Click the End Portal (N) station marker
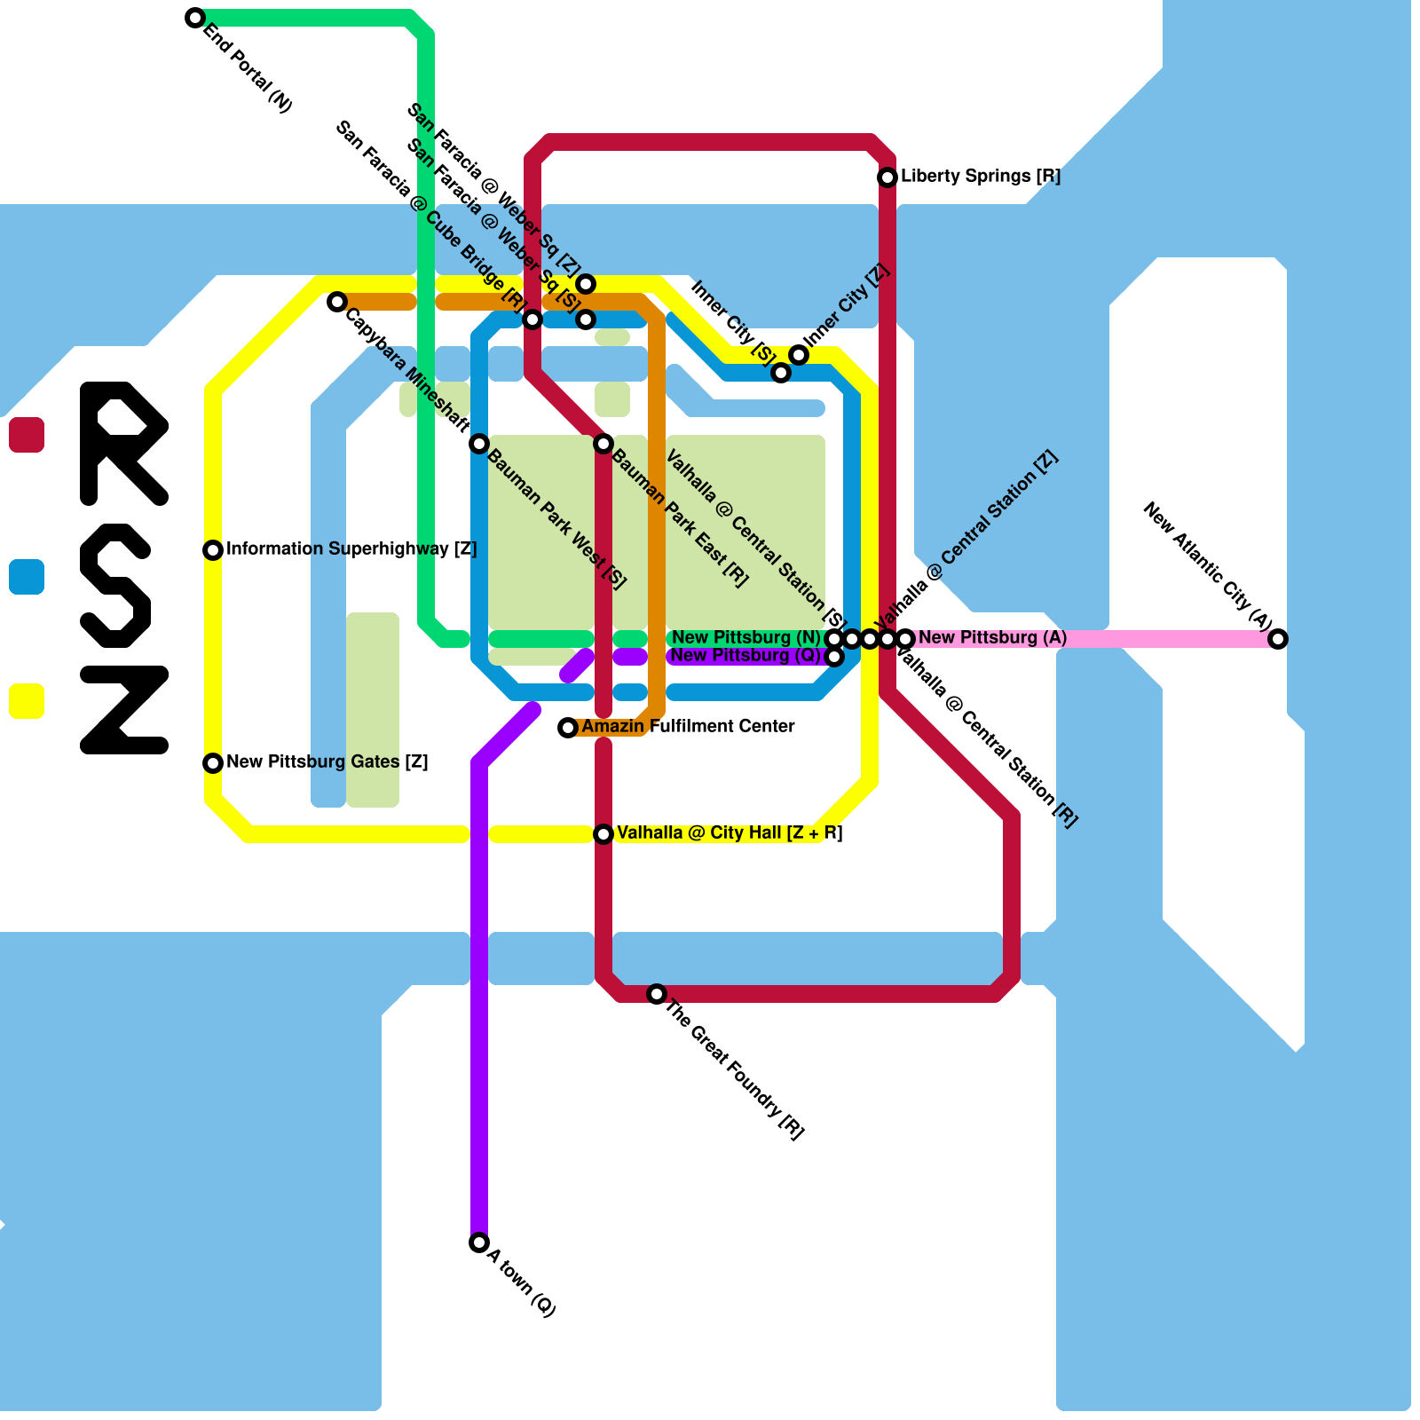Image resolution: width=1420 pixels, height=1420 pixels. (195, 18)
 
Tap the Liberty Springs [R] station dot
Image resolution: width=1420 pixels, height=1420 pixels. (887, 177)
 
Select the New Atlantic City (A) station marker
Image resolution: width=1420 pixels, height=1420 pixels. (1278, 639)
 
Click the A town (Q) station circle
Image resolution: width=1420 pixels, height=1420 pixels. (479, 1242)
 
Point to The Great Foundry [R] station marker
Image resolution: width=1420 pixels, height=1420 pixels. (657, 994)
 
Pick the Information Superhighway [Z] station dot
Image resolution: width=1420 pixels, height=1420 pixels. (213, 550)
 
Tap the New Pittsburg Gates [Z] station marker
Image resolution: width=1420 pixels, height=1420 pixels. (213, 763)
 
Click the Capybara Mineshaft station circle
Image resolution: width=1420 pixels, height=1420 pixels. (337, 302)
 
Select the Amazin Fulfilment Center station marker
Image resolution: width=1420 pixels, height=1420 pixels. (568, 728)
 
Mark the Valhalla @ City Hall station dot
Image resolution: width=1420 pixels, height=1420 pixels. (603, 834)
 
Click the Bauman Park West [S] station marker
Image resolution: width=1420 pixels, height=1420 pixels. (479, 444)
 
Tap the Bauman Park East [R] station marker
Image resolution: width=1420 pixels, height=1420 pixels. (603, 444)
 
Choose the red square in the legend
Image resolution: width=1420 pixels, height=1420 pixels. (27, 435)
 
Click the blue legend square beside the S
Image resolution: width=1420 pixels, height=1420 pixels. (27, 577)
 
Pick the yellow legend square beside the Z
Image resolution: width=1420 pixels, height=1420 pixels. (27, 701)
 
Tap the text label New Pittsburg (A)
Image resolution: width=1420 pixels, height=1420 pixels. (992, 638)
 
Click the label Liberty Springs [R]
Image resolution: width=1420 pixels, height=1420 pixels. (981, 177)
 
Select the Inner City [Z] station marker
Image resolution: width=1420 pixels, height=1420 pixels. (799, 355)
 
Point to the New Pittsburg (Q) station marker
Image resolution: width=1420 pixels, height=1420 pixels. (834, 657)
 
